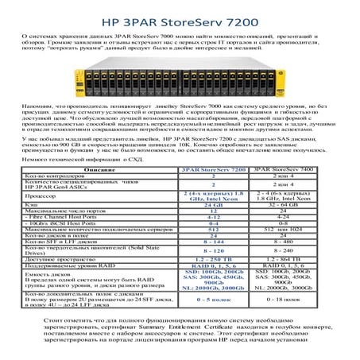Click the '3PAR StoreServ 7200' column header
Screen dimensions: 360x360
[214, 170]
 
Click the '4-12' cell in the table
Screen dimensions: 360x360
[214, 216]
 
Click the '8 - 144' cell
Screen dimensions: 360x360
[214, 242]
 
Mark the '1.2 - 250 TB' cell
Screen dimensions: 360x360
[214, 260]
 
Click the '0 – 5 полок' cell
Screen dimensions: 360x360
[214, 300]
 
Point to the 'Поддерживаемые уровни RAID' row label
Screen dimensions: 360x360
[67, 266]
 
